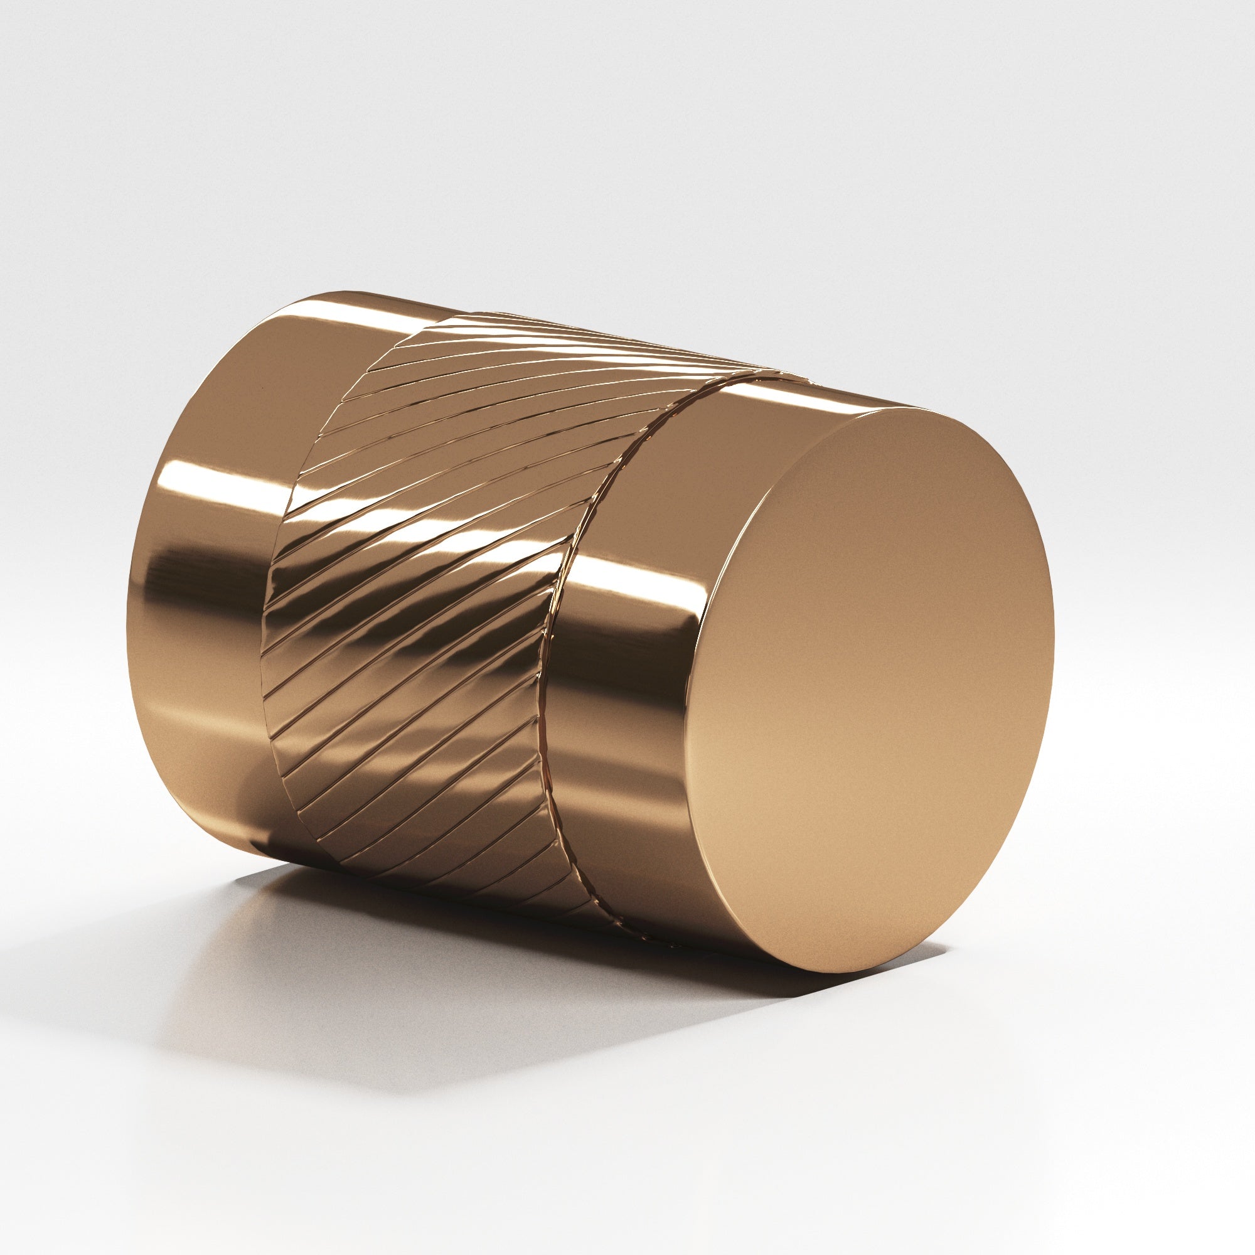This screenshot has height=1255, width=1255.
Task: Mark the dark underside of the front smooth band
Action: [x=649, y=897]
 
